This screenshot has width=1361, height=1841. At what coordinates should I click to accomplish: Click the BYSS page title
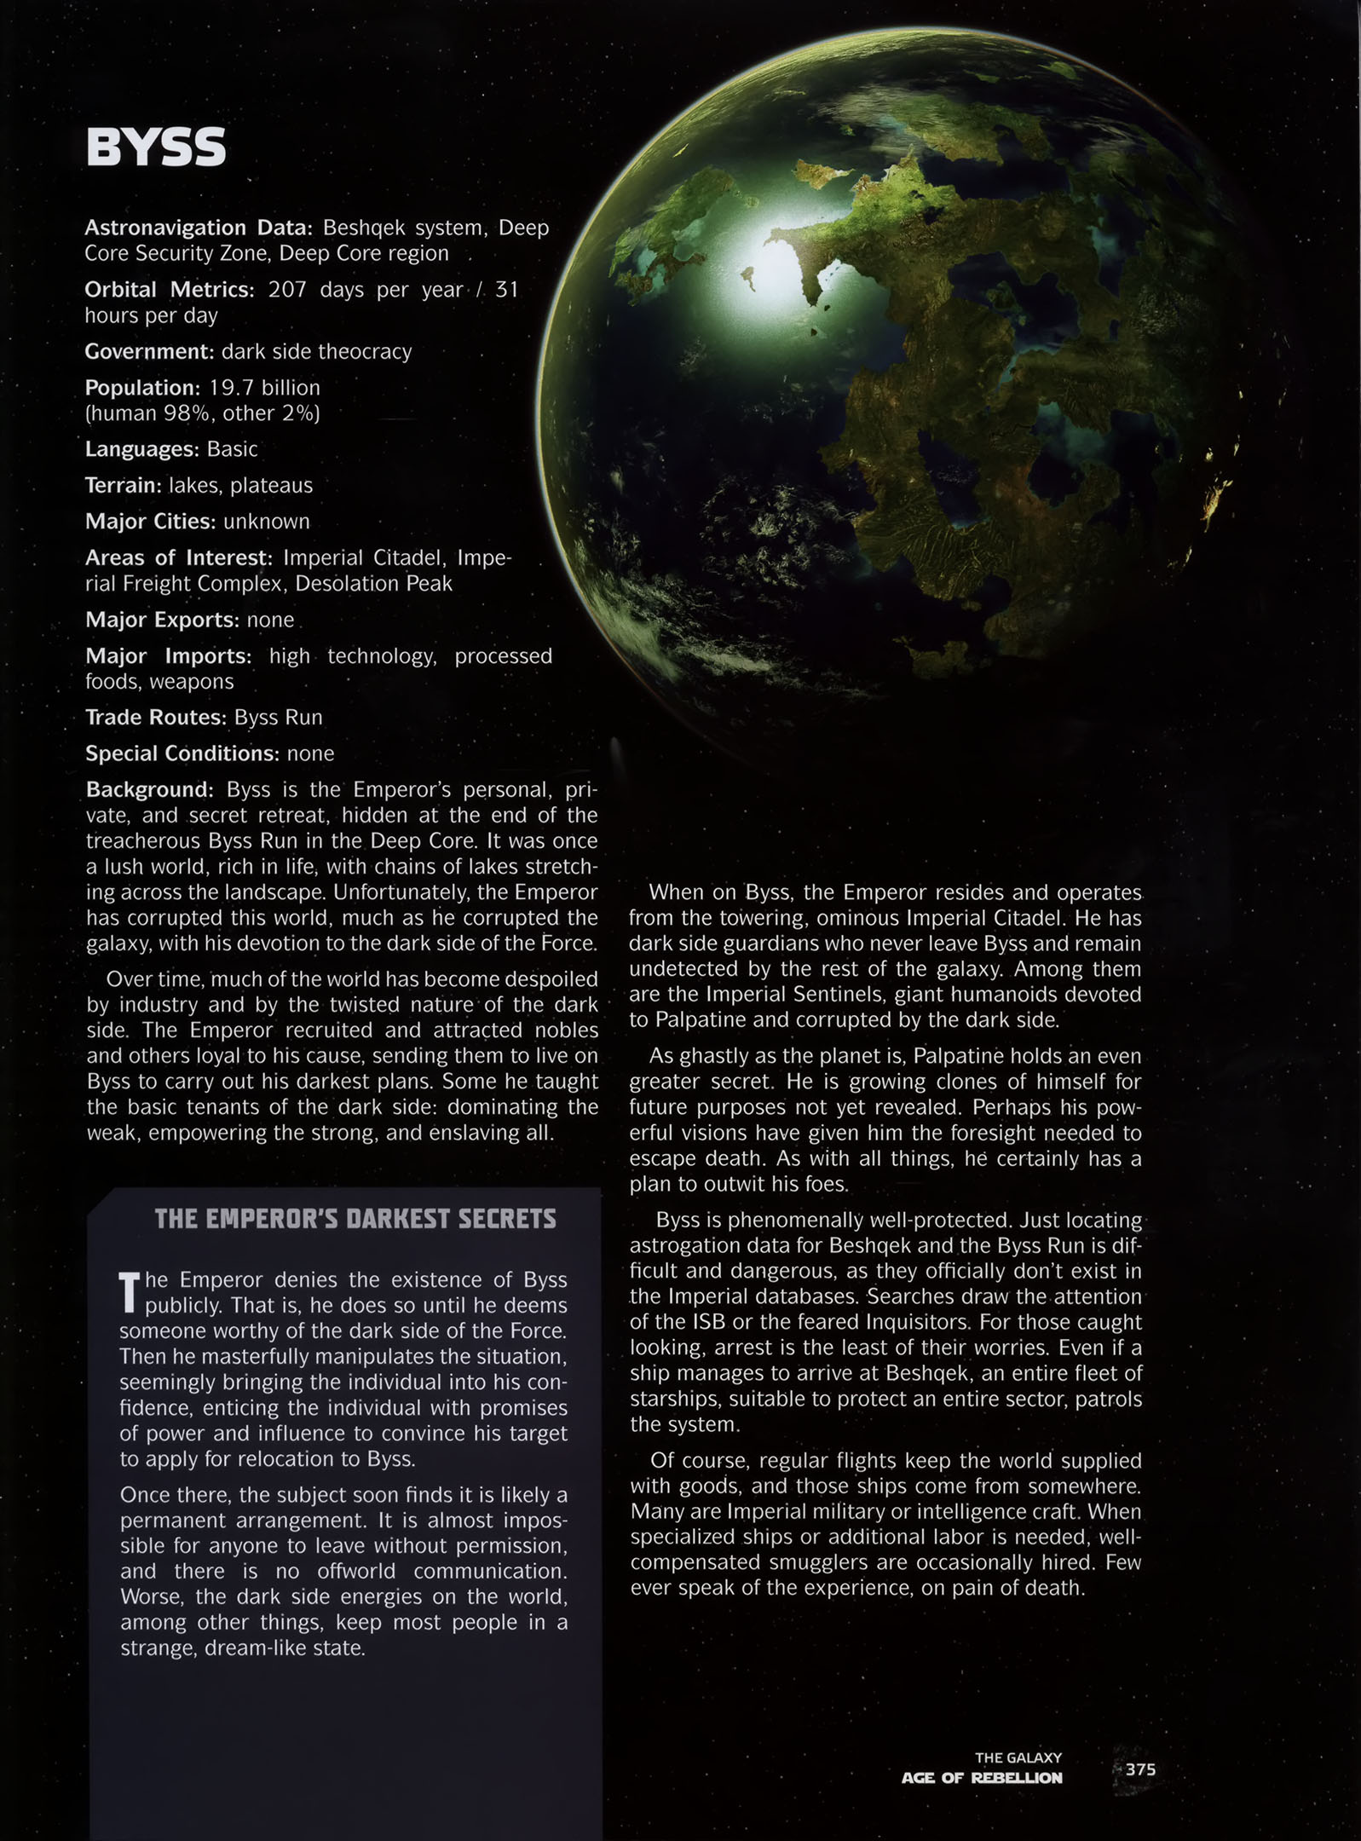[156, 147]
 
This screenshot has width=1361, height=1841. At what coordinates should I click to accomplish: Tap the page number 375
[1140, 1769]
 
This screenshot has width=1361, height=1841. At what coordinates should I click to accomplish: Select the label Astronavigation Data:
[199, 228]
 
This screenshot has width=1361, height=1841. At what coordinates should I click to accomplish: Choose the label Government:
[149, 351]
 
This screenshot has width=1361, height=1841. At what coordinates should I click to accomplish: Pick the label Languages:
[141, 448]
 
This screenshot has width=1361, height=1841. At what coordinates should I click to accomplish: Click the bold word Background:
[149, 789]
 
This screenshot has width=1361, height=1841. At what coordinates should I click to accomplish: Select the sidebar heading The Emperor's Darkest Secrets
[355, 1219]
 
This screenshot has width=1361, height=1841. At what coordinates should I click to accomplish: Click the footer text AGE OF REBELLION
[982, 1778]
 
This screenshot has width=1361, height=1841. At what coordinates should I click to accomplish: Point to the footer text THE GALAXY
[1018, 1757]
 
